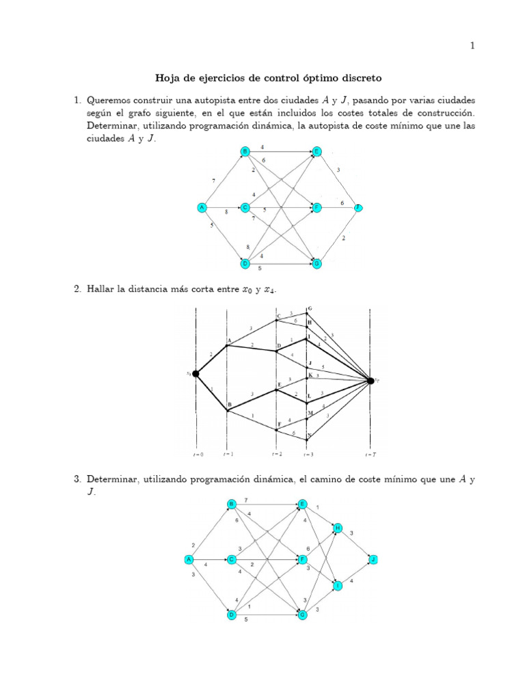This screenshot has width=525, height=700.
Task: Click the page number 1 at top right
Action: point(472,46)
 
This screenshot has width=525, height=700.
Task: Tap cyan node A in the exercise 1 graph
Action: point(202,207)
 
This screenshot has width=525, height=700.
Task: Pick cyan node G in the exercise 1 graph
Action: point(317,263)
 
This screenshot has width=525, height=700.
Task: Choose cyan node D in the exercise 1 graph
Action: point(245,263)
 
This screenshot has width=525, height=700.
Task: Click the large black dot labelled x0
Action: point(196,373)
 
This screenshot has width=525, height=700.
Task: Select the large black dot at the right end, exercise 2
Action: point(370,381)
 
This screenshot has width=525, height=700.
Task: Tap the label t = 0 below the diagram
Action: point(196,453)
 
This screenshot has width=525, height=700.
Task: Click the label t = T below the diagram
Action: point(369,453)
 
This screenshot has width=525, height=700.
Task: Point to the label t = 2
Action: point(277,453)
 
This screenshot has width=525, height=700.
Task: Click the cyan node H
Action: point(337,528)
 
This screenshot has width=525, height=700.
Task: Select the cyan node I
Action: point(337,586)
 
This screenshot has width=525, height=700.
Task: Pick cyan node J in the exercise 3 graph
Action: point(373,559)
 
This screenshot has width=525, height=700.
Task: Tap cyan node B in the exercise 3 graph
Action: point(232,504)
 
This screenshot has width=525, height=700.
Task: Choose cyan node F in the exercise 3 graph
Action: point(302,559)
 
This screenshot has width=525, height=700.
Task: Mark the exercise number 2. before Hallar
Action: point(77,290)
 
